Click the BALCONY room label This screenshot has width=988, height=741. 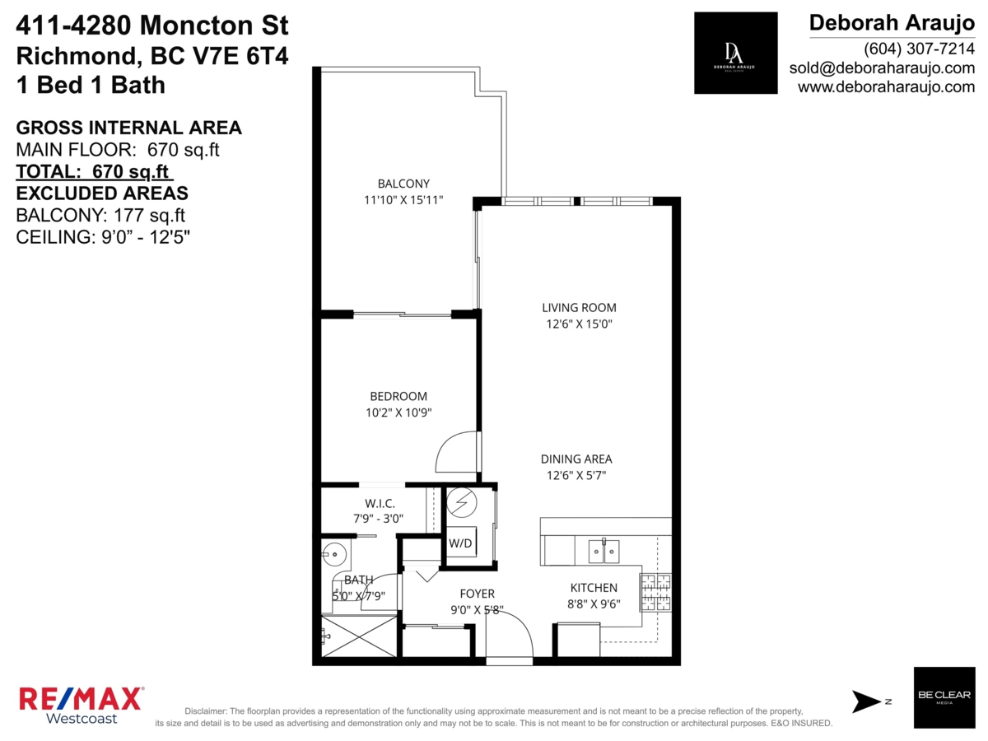[x=403, y=184]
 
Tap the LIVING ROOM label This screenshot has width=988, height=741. [x=579, y=308]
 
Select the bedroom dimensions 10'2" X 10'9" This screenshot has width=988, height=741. [x=398, y=412]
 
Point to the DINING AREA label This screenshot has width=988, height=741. [x=576, y=459]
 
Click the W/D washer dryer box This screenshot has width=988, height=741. [x=461, y=542]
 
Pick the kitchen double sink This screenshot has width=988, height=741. [x=604, y=551]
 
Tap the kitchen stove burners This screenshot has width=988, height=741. [x=656, y=593]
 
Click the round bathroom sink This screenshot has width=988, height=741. [x=334, y=554]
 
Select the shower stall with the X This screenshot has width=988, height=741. [x=359, y=636]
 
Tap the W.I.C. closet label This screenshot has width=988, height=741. [x=380, y=503]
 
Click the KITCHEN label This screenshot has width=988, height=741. [x=594, y=588]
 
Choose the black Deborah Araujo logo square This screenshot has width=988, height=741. [x=735, y=53]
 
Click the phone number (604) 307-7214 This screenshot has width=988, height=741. [x=919, y=49]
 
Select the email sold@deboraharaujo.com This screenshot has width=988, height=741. [x=882, y=68]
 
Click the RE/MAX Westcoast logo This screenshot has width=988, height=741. [x=82, y=705]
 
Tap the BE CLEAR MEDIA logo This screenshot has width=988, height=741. [x=944, y=697]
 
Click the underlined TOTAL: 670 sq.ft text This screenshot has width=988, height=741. [x=95, y=171]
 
